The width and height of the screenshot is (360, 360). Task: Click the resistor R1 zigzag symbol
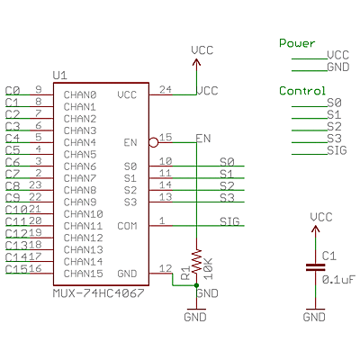(x=196, y=261)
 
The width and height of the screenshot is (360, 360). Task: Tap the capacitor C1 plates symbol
(x=315, y=267)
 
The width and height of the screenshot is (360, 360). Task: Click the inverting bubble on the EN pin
(x=153, y=142)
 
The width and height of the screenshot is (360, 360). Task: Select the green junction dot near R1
(x=196, y=285)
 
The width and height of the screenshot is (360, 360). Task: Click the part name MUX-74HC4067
(x=99, y=293)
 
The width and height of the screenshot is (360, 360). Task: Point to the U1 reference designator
(x=60, y=76)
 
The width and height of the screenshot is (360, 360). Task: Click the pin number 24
(x=166, y=89)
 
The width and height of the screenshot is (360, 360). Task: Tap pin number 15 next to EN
(x=166, y=138)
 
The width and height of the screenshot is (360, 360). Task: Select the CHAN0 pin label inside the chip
(x=80, y=95)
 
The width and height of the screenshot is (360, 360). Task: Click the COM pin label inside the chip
(x=127, y=226)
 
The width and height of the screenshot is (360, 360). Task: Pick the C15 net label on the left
(x=17, y=269)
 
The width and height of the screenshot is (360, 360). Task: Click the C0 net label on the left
(x=13, y=91)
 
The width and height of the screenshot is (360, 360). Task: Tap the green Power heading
(x=297, y=43)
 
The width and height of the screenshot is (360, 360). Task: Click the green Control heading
(x=302, y=91)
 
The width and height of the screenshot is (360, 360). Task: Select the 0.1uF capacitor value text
(x=338, y=280)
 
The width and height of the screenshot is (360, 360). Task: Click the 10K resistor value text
(x=208, y=269)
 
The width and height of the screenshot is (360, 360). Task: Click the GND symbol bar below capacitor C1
(x=315, y=310)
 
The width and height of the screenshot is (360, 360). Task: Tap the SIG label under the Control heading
(x=337, y=150)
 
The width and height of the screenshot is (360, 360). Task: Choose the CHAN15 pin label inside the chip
(x=84, y=274)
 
